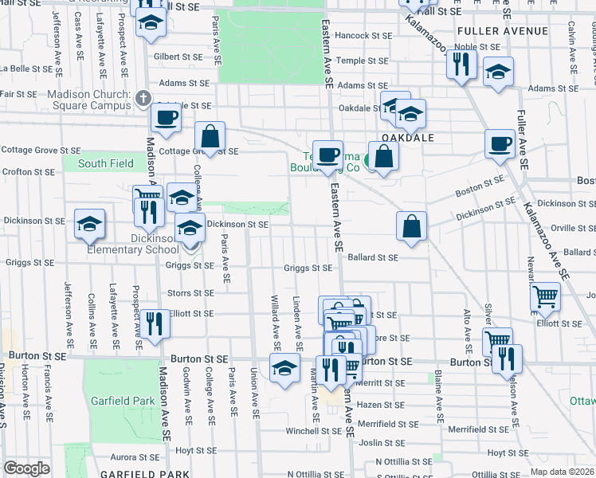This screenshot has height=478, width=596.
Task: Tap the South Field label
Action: click(105, 164)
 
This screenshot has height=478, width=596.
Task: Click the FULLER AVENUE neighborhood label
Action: click(503, 31)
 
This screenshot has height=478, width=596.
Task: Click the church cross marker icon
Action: click(143, 99)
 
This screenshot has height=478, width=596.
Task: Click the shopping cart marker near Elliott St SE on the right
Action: click(546, 297)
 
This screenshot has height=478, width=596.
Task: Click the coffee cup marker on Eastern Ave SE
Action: click(327, 154)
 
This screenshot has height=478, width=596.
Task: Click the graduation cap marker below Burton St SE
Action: click(284, 369)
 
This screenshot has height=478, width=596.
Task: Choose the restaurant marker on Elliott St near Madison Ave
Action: click(154, 323)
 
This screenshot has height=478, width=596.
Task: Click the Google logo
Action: click(26, 468)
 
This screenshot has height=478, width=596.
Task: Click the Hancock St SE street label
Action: click(363, 36)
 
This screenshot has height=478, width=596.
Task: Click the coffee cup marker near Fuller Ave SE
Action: click(500, 143)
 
